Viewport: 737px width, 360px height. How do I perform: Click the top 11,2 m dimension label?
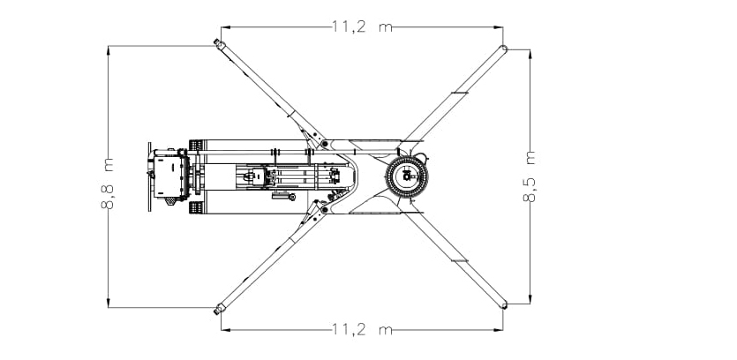362,26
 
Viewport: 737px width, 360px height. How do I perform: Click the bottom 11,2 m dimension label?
362,329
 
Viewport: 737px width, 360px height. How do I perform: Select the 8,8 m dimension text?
108,184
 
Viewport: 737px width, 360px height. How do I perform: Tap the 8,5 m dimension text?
530,176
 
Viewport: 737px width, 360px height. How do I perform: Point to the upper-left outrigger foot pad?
219,43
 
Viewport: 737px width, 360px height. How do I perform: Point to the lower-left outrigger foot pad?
219,309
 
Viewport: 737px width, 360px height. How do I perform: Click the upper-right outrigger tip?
503,49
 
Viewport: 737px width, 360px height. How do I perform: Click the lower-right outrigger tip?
503,305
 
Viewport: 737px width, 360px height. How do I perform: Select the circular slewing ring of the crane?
407,177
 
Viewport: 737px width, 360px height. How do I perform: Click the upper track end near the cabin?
196,145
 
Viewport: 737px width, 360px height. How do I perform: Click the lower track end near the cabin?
196,207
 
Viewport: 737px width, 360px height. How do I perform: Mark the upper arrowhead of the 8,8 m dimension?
108,49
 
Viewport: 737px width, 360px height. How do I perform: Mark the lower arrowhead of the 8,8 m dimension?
108,303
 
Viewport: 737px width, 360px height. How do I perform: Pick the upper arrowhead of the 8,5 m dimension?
530,54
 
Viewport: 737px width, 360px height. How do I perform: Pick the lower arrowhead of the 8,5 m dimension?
530,299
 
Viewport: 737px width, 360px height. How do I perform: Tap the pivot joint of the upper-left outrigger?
324,142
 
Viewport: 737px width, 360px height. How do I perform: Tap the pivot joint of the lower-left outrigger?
324,209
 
